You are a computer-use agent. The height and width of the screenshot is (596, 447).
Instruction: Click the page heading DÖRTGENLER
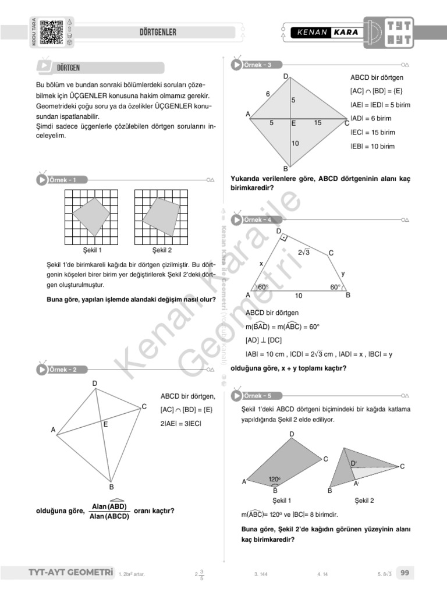(x=158, y=32)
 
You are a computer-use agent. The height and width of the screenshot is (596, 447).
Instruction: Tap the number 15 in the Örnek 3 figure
(x=317, y=123)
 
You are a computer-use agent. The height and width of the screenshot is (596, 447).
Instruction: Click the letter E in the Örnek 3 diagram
(x=293, y=123)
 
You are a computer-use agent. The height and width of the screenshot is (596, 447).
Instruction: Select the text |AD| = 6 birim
(x=371, y=118)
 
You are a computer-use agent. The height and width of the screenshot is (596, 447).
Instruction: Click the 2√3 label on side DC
(x=303, y=252)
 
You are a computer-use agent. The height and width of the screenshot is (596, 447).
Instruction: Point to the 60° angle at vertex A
(x=263, y=287)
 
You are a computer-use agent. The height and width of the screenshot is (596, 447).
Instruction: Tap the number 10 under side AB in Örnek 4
(x=299, y=296)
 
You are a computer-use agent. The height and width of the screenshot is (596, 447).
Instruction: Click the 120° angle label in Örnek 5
(x=275, y=480)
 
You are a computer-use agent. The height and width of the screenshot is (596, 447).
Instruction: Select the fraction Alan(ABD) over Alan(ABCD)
(x=109, y=511)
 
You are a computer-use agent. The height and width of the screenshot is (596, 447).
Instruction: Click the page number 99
(x=405, y=573)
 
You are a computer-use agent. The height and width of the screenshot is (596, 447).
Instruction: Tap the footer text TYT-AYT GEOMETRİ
(x=70, y=573)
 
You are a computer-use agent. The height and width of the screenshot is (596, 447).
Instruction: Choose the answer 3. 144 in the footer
(x=261, y=574)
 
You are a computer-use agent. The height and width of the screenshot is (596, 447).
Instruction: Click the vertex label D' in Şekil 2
(x=353, y=463)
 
